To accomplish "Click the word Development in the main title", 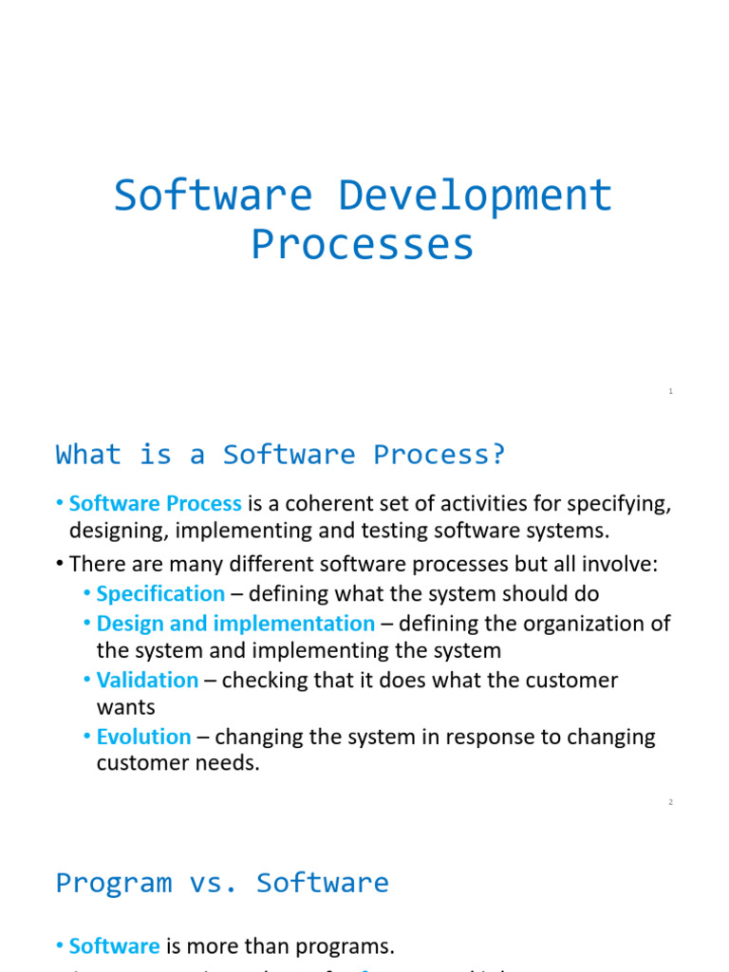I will pyautogui.click(x=476, y=196).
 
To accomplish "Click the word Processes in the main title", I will pyautogui.click(x=363, y=244).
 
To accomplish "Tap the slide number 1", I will pyautogui.click(x=670, y=391).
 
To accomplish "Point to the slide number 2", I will pyautogui.click(x=670, y=802).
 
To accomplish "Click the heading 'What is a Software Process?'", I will pyautogui.click(x=281, y=455).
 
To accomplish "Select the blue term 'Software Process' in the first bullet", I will pyautogui.click(x=156, y=503).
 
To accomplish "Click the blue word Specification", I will pyautogui.click(x=160, y=593).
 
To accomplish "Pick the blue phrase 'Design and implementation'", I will pyautogui.click(x=235, y=624).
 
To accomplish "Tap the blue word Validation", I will pyautogui.click(x=147, y=680).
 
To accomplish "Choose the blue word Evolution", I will pyautogui.click(x=143, y=737).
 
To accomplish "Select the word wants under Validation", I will pyautogui.click(x=125, y=707).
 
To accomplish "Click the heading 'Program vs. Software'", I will pyautogui.click(x=222, y=883).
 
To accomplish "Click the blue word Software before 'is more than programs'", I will pyautogui.click(x=114, y=945).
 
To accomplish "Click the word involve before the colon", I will pyautogui.click(x=616, y=565).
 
